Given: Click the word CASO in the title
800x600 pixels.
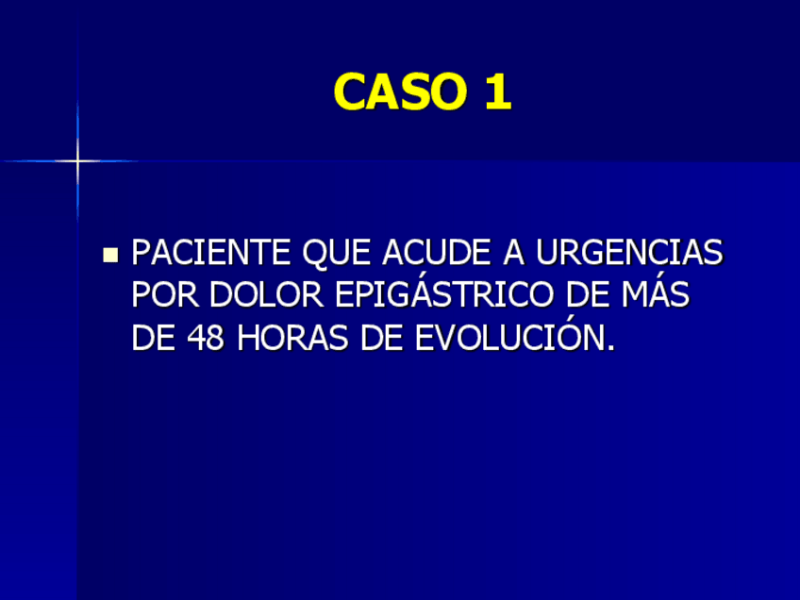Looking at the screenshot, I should [396, 92].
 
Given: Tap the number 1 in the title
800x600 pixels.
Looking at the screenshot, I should [498, 92].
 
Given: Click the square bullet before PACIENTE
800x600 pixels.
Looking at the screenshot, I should [111, 254].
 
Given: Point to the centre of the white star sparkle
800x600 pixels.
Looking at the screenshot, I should [77, 161].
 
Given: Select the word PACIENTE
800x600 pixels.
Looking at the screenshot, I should [211, 253].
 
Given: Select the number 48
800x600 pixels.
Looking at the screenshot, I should [206, 338].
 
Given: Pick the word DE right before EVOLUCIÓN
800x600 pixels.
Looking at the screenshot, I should [383, 338].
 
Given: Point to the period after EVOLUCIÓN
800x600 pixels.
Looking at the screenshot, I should [609, 347].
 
